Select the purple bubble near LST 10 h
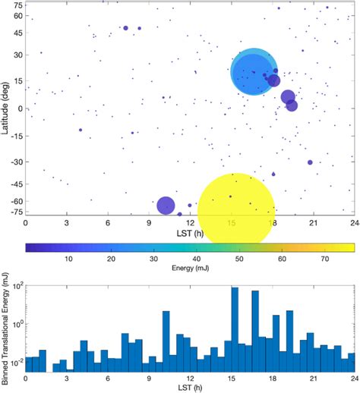(166, 206)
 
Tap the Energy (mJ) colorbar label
(189, 269)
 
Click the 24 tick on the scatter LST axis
(352, 223)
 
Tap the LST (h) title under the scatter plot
(189, 232)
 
